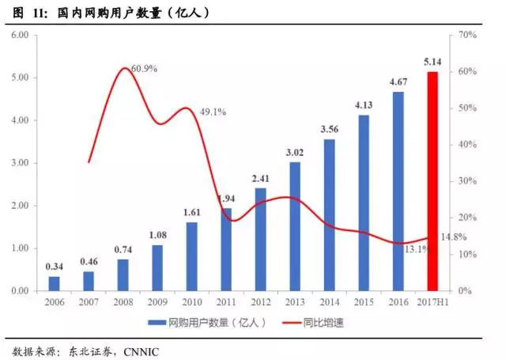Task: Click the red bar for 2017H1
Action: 432,181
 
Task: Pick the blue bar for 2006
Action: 54,283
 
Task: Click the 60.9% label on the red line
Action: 143,69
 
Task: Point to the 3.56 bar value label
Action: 329,129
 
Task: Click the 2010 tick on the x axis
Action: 191,303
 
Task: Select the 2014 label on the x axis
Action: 329,303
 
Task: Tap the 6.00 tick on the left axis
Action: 19,36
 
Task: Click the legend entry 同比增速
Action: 326,323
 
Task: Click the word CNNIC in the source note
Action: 140,351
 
